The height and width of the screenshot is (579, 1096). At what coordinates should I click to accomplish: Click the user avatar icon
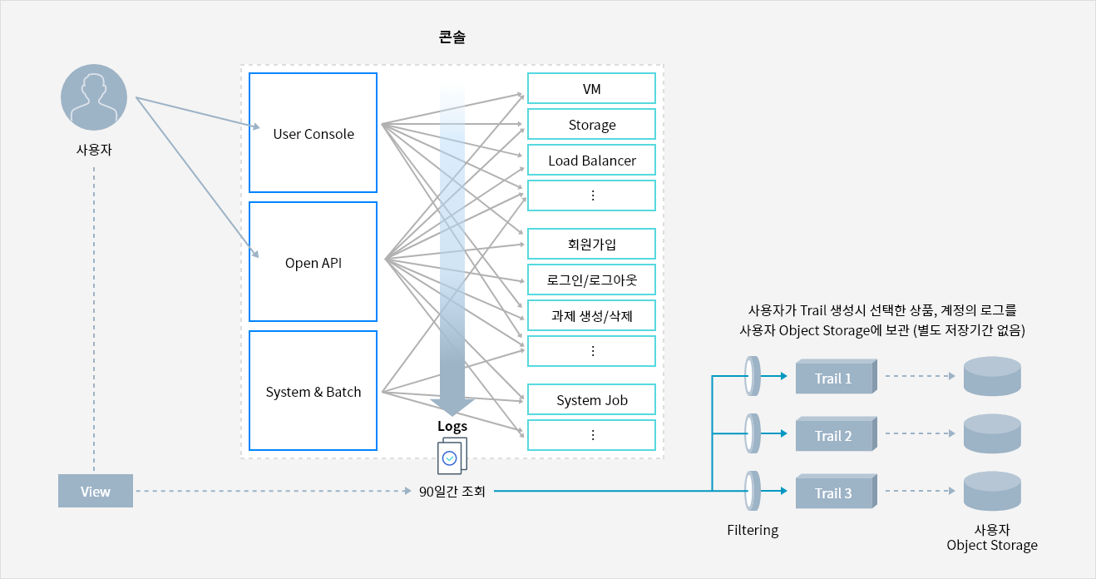point(94,97)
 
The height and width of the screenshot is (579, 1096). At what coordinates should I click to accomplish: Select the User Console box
point(313,132)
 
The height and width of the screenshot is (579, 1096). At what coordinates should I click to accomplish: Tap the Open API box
point(313,262)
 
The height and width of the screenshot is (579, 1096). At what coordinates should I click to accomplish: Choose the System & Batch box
point(313,390)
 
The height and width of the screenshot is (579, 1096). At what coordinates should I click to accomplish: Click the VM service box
point(591,88)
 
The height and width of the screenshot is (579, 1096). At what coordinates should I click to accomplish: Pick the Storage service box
point(591,124)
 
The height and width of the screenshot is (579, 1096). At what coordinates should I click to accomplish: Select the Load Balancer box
point(591,160)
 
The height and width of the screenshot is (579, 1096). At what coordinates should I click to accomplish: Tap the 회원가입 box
point(591,244)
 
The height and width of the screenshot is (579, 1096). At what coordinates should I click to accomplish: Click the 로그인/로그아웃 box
point(591,280)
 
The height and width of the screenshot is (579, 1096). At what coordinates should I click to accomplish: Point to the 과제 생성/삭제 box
point(591,315)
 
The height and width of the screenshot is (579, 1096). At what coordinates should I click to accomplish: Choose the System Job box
point(591,399)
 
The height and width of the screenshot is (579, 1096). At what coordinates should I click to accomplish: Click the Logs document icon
point(452,456)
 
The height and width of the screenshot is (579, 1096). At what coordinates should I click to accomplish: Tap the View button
point(96,491)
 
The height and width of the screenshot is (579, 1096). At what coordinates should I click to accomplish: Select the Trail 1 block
point(837,376)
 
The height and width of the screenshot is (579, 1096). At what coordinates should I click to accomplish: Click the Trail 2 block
point(837,433)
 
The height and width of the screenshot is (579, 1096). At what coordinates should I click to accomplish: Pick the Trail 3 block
point(837,491)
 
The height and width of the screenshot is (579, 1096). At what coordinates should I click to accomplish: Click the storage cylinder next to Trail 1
point(992,376)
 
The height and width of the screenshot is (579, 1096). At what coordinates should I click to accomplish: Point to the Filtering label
point(753,530)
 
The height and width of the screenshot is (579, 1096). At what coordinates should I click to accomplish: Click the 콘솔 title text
point(452,37)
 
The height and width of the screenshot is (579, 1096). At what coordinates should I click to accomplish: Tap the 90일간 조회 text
point(452,491)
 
